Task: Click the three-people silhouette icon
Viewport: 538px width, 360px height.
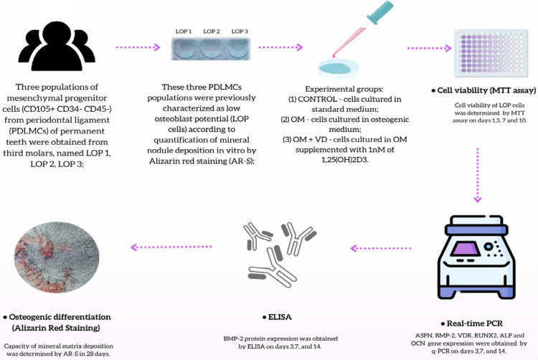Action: (x=57, y=47)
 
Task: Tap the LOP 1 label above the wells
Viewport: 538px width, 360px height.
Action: (x=184, y=32)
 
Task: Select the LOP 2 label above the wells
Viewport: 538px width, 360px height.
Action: (x=212, y=32)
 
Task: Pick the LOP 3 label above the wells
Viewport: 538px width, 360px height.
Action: (x=240, y=32)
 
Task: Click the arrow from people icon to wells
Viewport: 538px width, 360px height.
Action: (x=138, y=47)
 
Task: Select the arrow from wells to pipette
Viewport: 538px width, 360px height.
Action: (x=280, y=47)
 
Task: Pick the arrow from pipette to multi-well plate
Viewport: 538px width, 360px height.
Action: (x=428, y=48)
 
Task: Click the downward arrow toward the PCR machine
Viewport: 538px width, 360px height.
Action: (x=478, y=172)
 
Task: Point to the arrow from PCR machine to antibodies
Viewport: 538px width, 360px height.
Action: (x=380, y=248)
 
